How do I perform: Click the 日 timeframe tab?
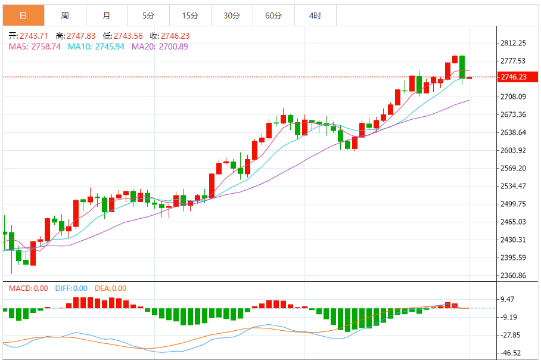[23, 15]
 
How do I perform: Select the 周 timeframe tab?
[64, 15]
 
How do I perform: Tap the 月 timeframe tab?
[106, 15]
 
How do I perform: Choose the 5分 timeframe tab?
[148, 15]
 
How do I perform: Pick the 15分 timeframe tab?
[189, 15]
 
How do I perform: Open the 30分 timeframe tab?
[231, 15]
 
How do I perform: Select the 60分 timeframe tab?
[273, 15]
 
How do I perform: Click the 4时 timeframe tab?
[315, 15]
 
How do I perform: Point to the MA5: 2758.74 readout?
[35, 46]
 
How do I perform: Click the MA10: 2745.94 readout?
[97, 46]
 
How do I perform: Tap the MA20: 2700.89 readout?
[160, 46]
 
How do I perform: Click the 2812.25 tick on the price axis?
[513, 43]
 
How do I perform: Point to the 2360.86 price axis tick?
[513, 275]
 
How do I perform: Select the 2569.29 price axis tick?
[513, 168]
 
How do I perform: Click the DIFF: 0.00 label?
[71, 288]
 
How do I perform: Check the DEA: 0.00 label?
[110, 288]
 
